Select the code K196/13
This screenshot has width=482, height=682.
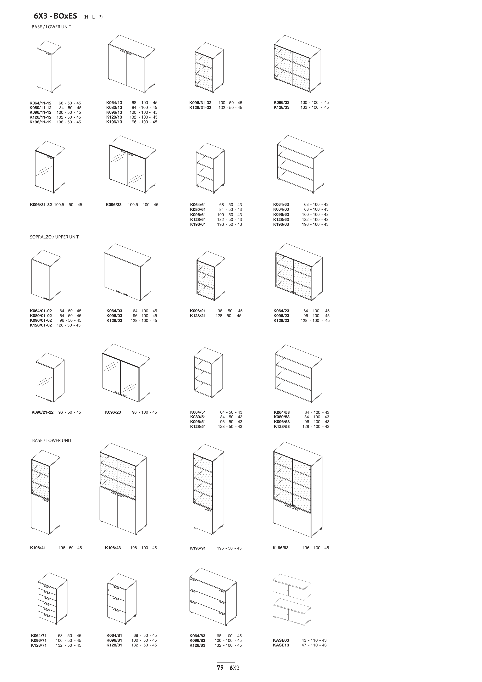coord(114,122)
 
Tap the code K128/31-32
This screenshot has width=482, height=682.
coord(200,108)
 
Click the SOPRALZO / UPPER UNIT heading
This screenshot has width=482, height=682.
coord(54,237)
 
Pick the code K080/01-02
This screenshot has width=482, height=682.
coord(41,316)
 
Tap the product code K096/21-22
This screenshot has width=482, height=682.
coord(42,412)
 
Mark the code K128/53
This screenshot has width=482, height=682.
coord(282,427)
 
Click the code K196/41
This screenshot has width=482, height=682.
coord(38,548)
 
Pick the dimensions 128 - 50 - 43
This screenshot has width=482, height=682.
coord(230,427)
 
